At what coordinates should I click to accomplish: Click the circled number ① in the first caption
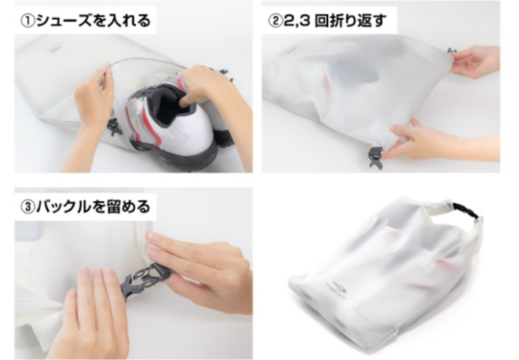point(28,20)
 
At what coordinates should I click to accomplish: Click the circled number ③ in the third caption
point(28,205)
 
